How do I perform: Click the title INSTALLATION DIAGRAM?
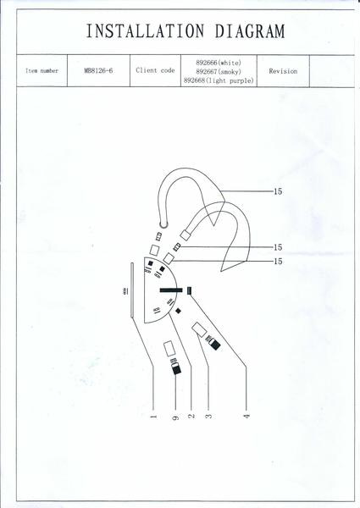pyautogui.click(x=186, y=31)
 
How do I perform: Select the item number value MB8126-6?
pyautogui.click(x=98, y=70)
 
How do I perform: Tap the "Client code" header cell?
pyautogui.click(x=155, y=70)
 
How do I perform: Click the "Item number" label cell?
pyautogui.click(x=42, y=70)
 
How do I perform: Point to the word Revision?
pyautogui.click(x=283, y=71)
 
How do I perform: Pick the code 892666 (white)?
pyautogui.click(x=219, y=63)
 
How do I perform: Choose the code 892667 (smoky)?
pyautogui.click(x=219, y=72)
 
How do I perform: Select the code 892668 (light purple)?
pyautogui.click(x=219, y=80)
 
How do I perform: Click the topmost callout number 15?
pyautogui.click(x=278, y=191)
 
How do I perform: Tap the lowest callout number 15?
pyautogui.click(x=278, y=261)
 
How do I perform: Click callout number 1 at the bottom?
pyautogui.click(x=153, y=417)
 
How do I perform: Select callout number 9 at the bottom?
pyautogui.click(x=175, y=417)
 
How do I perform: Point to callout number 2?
pyautogui.click(x=191, y=416)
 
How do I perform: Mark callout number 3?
pyautogui.click(x=208, y=416)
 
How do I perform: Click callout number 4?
pyautogui.click(x=246, y=416)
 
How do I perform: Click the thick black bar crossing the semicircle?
pyautogui.click(x=170, y=290)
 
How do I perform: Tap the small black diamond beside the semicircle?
pyautogui.click(x=178, y=311)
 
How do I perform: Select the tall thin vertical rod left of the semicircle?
pyautogui.click(x=132, y=290)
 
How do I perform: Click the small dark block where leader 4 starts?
pyautogui.click(x=189, y=290)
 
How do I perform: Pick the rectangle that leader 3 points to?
pyautogui.click(x=199, y=329)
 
